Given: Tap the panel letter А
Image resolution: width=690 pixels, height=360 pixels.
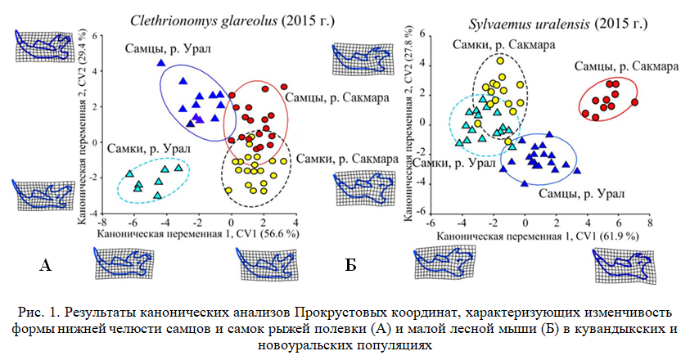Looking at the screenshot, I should (x=46, y=263).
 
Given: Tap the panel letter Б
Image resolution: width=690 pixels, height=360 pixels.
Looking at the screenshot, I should (x=350, y=263).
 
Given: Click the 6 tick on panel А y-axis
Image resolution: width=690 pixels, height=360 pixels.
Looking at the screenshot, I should (x=94, y=36).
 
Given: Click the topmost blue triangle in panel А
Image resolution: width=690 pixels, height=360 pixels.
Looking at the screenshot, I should (x=161, y=63).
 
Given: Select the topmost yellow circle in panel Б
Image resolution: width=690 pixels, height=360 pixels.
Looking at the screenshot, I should (x=500, y=61).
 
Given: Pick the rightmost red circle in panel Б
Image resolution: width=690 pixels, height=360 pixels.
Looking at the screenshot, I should (x=634, y=102).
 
